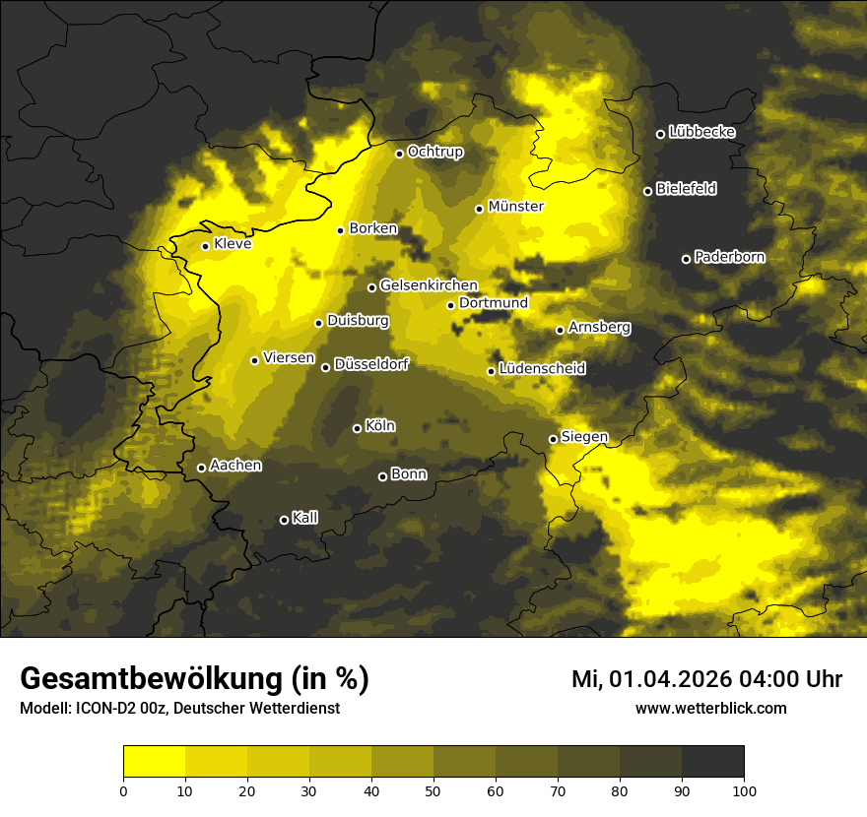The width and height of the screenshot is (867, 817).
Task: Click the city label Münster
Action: coord(516,207)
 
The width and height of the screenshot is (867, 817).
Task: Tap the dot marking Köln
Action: coord(358,428)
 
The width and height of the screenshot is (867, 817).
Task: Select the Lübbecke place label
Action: coord(701,132)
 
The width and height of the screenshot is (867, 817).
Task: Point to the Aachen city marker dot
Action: coord(202,468)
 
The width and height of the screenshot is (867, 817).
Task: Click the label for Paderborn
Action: coord(729,257)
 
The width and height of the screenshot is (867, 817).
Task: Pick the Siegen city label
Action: coord(584,437)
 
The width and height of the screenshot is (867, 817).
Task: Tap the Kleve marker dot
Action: coord(206,246)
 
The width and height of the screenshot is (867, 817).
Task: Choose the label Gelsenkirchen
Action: coord(429,285)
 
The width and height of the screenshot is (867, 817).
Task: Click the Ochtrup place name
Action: coord(434,152)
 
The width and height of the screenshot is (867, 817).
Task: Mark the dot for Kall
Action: coord(285,520)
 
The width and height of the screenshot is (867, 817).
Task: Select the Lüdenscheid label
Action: coord(542,369)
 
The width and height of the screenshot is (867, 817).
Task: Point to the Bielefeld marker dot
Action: coord(648,191)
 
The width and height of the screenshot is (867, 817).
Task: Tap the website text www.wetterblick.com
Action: coord(710,708)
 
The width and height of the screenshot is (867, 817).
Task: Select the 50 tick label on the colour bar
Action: coord(433,790)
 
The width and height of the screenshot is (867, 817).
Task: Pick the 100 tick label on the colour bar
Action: coord(744,790)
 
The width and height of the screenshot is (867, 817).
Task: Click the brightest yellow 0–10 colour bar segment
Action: coord(155,762)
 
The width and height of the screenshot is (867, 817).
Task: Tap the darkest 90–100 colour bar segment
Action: coord(712,762)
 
